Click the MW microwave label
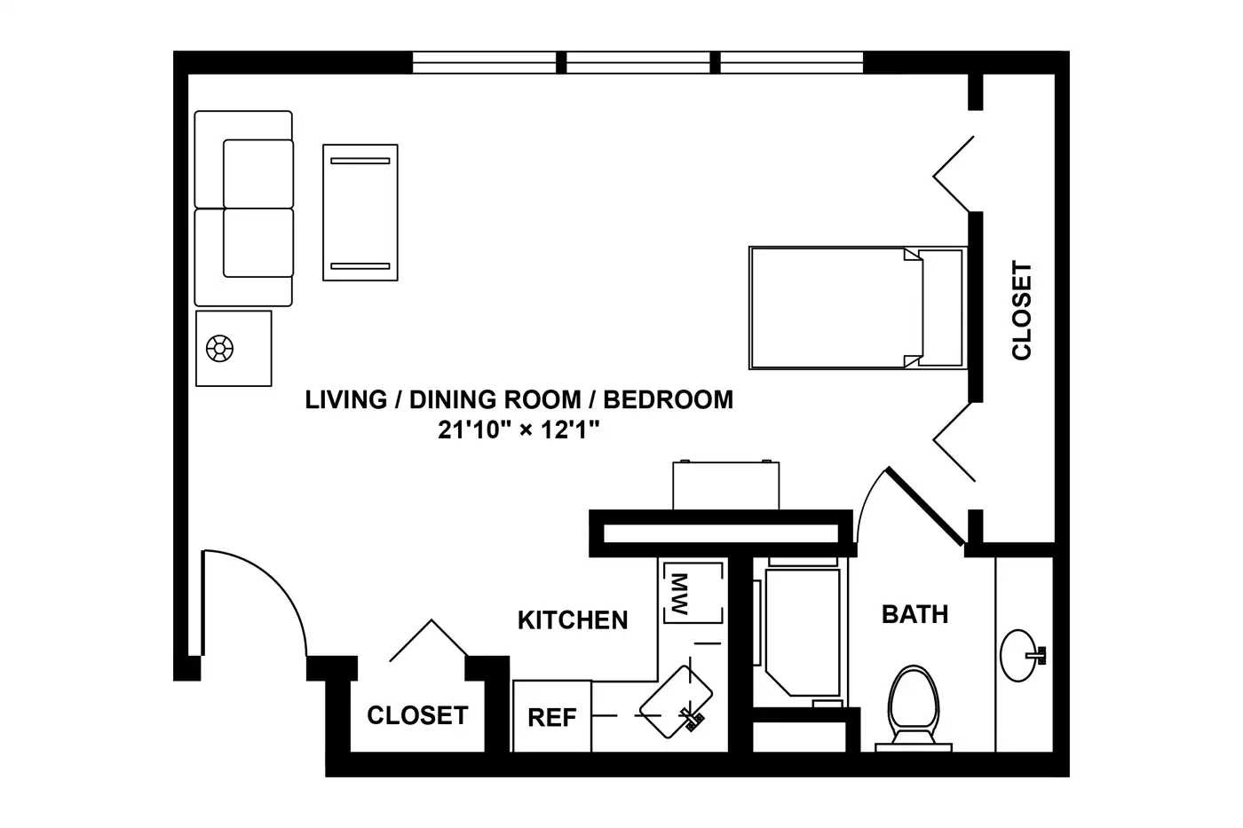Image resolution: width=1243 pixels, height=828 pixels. click(x=680, y=594)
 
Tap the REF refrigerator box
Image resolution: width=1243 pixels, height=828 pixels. click(x=552, y=716)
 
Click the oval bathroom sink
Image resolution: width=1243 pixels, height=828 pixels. click(x=1019, y=655)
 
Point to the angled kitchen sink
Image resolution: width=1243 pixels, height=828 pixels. click(x=676, y=702)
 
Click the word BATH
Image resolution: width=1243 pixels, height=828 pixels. click(x=915, y=614)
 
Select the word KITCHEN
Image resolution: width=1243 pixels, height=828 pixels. click(x=573, y=620)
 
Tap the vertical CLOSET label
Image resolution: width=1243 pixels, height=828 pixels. click(x=1022, y=311)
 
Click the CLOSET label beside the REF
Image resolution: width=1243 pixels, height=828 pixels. click(x=417, y=715)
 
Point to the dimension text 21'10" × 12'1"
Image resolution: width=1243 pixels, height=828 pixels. click(x=519, y=430)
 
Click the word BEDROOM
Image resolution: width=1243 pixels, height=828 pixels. click(x=668, y=400)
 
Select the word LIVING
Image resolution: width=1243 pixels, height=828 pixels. click(x=346, y=400)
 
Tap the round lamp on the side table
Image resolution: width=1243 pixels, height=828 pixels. click(x=220, y=349)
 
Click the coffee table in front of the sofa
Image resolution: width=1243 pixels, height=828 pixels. click(x=360, y=212)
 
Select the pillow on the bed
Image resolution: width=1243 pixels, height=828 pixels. click(x=940, y=308)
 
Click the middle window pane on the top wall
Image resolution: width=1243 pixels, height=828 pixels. click(x=638, y=63)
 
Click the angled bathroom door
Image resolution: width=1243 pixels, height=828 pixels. click(x=925, y=506)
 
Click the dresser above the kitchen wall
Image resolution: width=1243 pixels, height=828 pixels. click(x=726, y=485)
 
